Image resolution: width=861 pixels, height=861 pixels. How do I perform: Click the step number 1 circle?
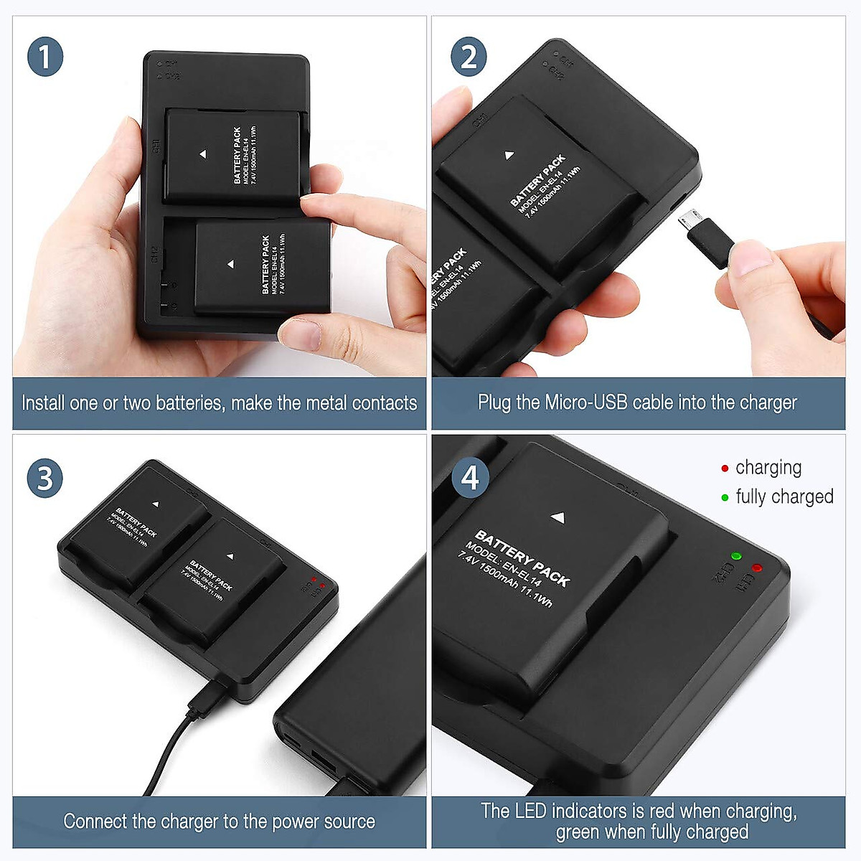pyautogui.click(x=45, y=57)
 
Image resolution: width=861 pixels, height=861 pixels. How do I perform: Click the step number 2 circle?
pyautogui.click(x=469, y=57)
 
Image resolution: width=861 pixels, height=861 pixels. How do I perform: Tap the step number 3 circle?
pyautogui.click(x=45, y=479)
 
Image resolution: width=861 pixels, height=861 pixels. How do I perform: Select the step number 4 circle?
pyautogui.click(x=470, y=478)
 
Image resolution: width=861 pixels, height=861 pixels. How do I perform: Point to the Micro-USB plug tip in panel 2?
pyautogui.click(x=688, y=219)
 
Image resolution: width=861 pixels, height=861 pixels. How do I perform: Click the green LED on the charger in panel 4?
pyautogui.click(x=735, y=556)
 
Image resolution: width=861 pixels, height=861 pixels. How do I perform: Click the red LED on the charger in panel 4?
pyautogui.click(x=757, y=568)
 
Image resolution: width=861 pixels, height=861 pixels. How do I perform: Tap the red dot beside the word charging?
pyautogui.click(x=725, y=469)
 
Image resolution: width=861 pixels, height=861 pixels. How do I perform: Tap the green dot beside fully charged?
pyautogui.click(x=725, y=497)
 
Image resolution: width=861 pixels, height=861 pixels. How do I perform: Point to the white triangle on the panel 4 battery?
pyautogui.click(x=558, y=517)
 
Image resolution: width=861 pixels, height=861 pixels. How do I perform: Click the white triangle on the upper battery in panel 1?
pyautogui.click(x=203, y=154)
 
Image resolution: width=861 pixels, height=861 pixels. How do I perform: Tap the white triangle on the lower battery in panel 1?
pyautogui.click(x=230, y=265)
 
